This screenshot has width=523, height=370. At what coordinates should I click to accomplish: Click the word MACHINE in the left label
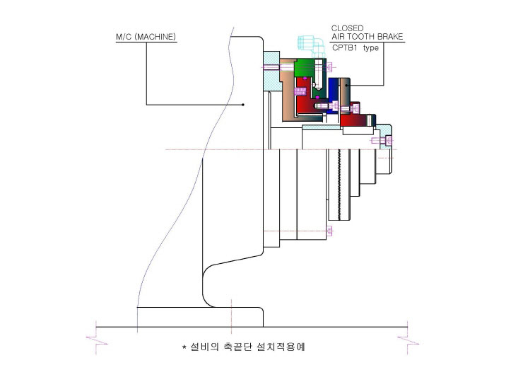(155, 37)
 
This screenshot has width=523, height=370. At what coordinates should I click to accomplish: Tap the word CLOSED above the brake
(347, 28)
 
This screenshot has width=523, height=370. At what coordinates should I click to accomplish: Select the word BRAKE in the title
(390, 36)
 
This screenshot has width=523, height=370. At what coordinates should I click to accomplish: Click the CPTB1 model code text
(345, 47)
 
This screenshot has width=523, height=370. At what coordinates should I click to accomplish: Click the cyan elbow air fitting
(312, 46)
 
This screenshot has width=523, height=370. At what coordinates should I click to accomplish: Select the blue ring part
(333, 96)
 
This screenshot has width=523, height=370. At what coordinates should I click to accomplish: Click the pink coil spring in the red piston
(300, 91)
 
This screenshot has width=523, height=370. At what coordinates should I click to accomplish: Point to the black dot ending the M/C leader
(243, 105)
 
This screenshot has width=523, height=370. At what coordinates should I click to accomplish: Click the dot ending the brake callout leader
(347, 85)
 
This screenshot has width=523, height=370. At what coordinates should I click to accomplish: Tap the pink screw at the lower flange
(330, 231)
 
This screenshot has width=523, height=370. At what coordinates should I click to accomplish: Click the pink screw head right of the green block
(331, 67)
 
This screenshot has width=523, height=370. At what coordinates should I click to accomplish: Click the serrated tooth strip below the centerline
(339, 185)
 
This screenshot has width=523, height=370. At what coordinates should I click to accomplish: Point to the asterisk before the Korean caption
(184, 347)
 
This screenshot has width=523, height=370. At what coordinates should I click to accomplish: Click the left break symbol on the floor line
(96, 340)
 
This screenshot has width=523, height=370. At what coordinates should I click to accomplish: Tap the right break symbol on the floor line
(408, 340)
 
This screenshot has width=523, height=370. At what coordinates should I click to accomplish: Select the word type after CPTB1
(371, 48)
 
